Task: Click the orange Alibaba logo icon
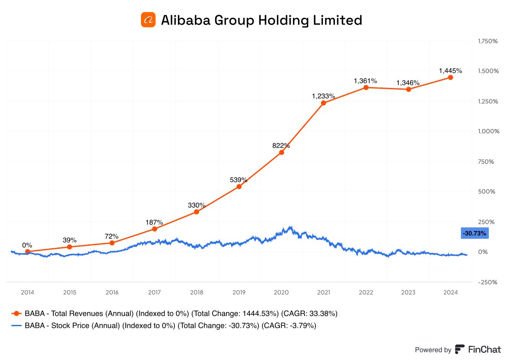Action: pyautogui.click(x=148, y=20)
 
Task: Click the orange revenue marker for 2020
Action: pyautogui.click(x=281, y=152)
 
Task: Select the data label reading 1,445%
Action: pyautogui.click(x=450, y=70)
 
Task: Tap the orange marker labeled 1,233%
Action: pyautogui.click(x=323, y=103)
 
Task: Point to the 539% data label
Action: pyautogui.click(x=239, y=179)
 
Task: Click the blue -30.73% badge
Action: pyautogui.click(x=474, y=233)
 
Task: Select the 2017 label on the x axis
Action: pyautogui.click(x=155, y=292)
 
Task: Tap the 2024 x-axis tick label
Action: pyautogui.click(x=450, y=292)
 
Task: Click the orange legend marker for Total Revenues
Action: pyautogui.click(x=16, y=313)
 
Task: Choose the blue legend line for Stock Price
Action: pyautogui.click(x=16, y=326)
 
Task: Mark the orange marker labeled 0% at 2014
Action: pyautogui.click(x=28, y=251)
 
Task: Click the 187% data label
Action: pyautogui.click(x=154, y=222)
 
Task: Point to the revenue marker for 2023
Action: pyautogui.click(x=408, y=89)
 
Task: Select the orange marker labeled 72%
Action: pyautogui.click(x=112, y=243)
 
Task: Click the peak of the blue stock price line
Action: pyautogui.click(x=290, y=227)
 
